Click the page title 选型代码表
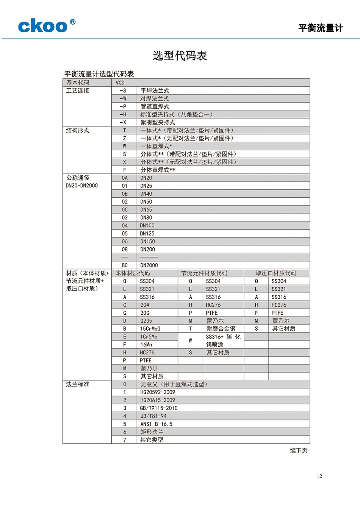coord(180,56)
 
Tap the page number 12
coord(319,476)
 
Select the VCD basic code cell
coord(120,83)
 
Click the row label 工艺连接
coord(78,91)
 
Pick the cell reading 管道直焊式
coord(155,106)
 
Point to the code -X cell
coord(123,122)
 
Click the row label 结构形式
coord(78,130)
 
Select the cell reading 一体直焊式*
coord(156,146)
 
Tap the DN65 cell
coord(146,209)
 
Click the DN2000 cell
coord(149,265)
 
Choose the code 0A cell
coord(125,178)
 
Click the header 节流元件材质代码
coord(204,273)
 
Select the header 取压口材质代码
coord(276,273)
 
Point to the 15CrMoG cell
coord(150,329)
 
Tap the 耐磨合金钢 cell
coord(221,329)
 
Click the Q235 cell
coord(146,321)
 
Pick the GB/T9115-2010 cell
coord(158,408)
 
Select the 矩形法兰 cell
coord(152,432)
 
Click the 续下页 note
coord(299,450)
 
